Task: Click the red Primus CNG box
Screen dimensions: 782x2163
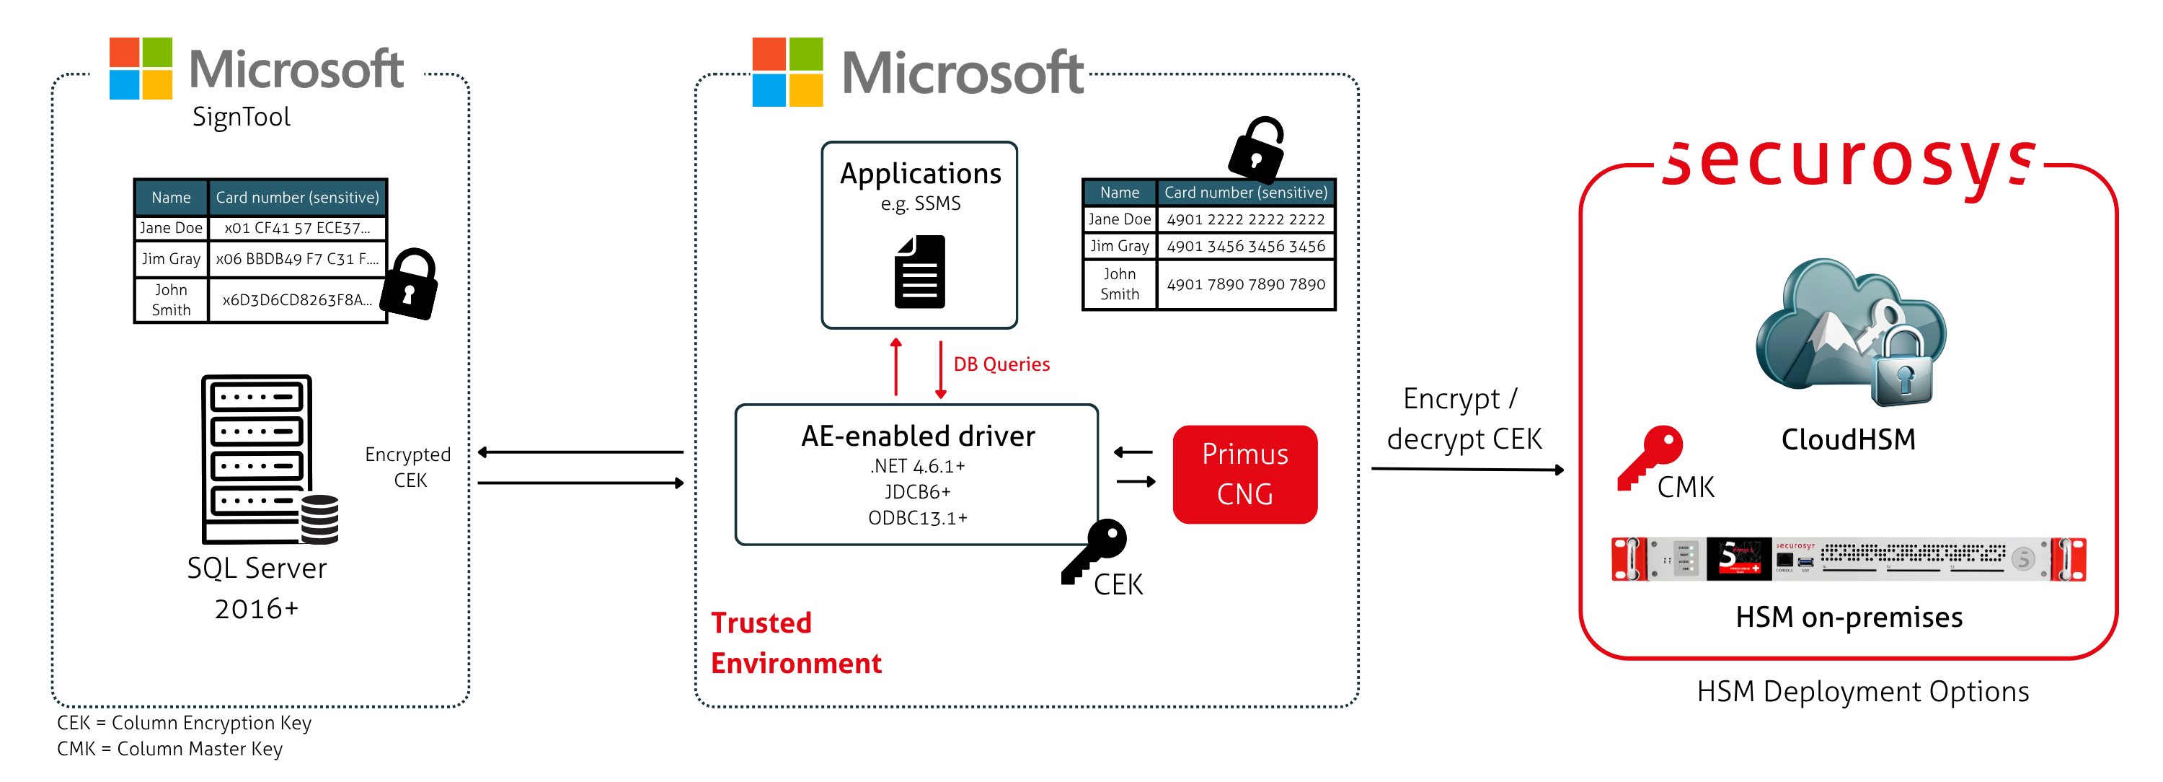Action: point(1244,474)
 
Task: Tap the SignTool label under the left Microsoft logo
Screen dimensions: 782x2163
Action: point(241,117)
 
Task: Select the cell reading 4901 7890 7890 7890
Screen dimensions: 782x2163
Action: point(1245,285)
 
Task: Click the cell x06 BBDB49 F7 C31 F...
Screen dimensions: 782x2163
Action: point(296,259)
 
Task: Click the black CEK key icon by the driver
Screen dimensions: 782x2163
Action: point(1094,550)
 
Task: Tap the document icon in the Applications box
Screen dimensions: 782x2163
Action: point(919,271)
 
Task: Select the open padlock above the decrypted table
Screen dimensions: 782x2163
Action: point(1256,149)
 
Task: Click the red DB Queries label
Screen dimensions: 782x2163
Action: point(1001,364)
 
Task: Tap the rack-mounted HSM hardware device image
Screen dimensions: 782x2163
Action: point(1848,558)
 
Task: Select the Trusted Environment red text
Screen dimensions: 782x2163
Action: point(795,643)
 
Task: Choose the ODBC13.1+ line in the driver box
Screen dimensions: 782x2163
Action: point(917,518)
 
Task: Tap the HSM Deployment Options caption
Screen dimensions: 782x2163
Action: point(1862,691)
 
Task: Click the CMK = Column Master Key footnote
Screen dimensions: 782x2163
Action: point(169,748)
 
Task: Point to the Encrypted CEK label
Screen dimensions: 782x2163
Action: point(408,467)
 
